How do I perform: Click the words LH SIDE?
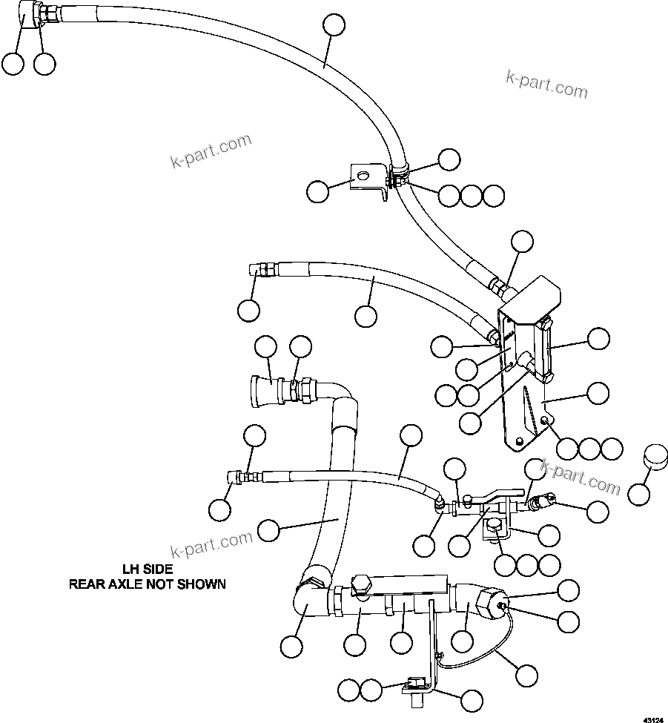tap(148, 569)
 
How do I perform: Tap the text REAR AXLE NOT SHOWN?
tap(148, 584)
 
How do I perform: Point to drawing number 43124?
tap(654, 718)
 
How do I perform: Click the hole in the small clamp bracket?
tap(362, 176)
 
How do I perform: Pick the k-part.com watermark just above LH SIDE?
tap(211, 547)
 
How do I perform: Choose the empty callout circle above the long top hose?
tap(334, 24)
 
